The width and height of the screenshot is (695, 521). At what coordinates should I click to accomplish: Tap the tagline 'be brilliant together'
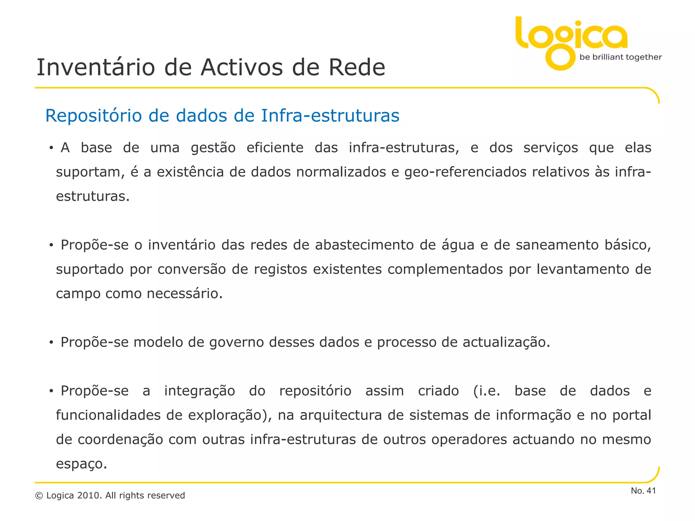click(x=620, y=57)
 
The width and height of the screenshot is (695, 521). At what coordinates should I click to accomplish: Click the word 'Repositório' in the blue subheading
click(x=93, y=116)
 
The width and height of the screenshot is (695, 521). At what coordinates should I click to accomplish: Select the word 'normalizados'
click(x=341, y=172)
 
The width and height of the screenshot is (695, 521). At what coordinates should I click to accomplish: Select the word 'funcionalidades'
click(x=108, y=416)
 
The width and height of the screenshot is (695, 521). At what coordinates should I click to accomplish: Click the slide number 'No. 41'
click(x=643, y=491)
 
